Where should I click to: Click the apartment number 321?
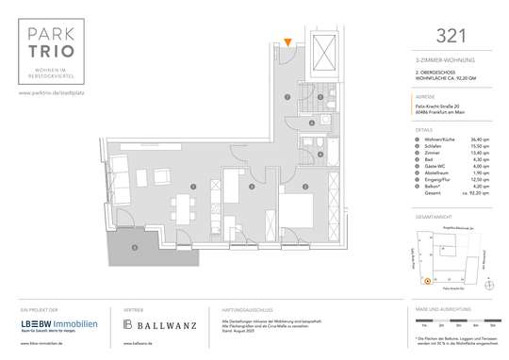pos(449,36)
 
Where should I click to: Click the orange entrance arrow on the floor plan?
pos(288,41)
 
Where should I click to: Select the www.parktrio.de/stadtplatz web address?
pos(57,92)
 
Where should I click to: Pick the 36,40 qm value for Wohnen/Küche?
pos(479,140)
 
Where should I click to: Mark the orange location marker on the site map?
pos(427,280)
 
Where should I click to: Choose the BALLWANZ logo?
pos(160,325)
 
